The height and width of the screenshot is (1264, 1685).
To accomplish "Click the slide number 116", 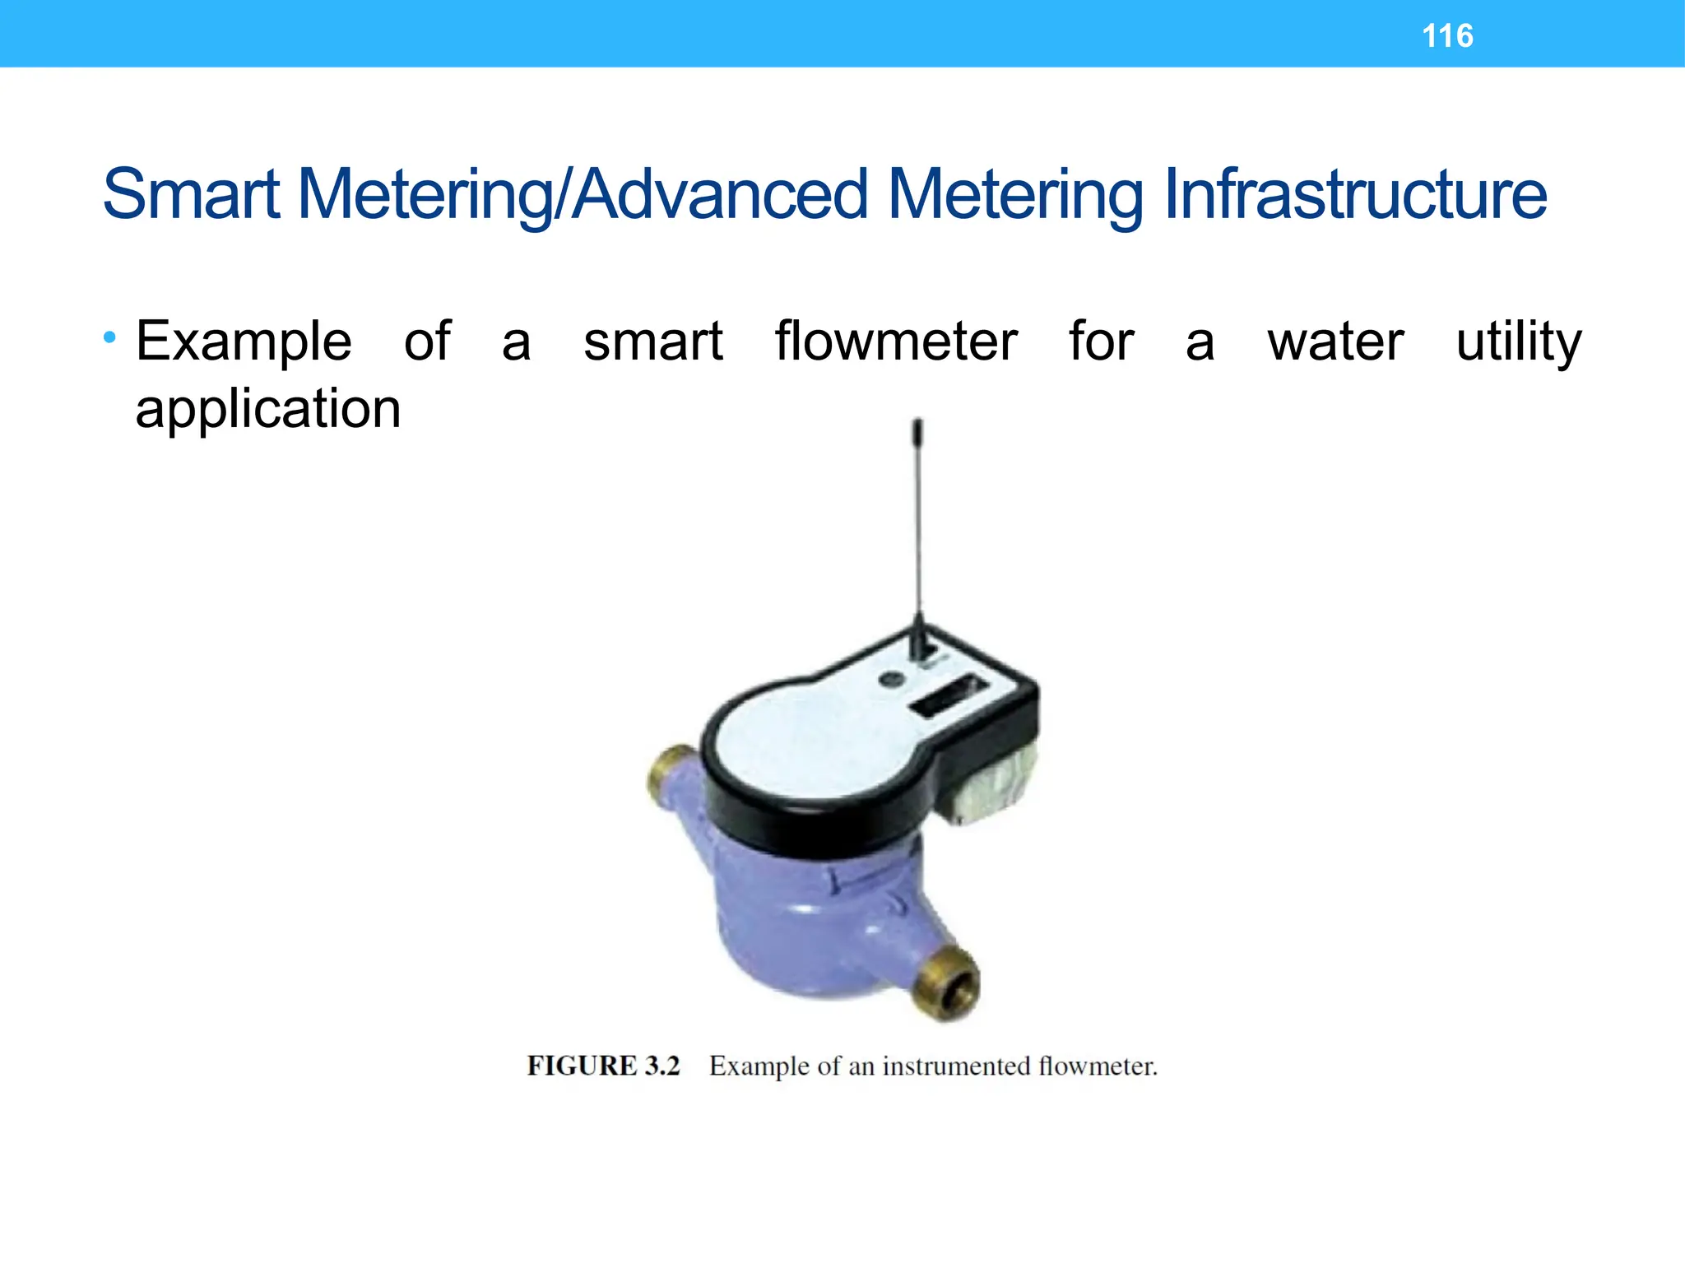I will pos(1447,36).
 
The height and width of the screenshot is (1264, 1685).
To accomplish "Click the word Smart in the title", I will pos(191,195).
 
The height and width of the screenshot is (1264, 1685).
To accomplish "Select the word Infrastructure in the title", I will pos(1355,195).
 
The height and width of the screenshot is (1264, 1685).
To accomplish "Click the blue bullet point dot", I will pos(110,337).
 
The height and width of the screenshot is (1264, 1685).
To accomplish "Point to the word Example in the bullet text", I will pos(244,342).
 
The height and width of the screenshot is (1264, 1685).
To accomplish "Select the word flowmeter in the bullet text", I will pos(896,341).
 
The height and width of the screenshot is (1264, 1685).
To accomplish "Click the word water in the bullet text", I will pos(1335,342).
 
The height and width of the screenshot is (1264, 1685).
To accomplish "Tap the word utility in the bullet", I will pos(1518,342).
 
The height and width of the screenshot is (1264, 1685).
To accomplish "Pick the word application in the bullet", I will pos(268,410).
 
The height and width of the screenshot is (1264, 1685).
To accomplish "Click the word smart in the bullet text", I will pos(653,342).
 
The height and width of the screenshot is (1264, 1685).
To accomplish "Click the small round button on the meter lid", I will pos(889,680).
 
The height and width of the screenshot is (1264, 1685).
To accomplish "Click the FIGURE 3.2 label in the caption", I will pos(604,1066).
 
